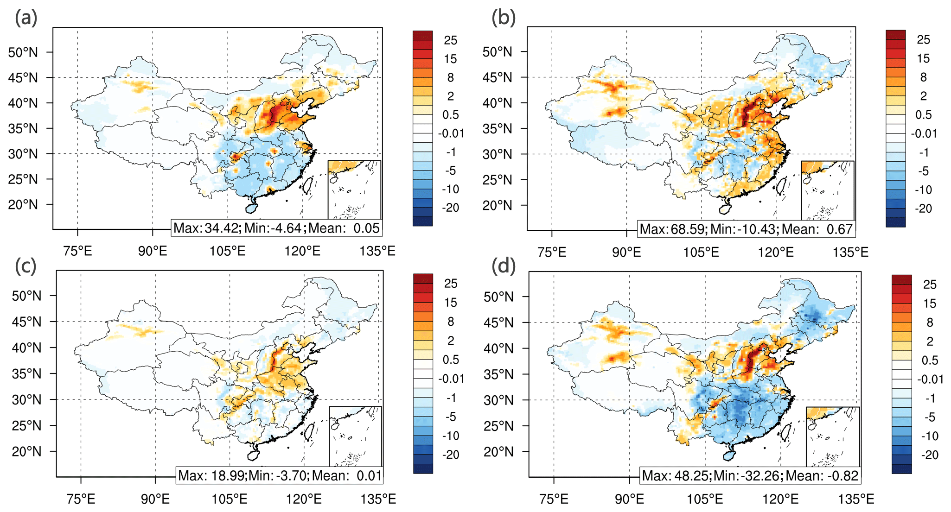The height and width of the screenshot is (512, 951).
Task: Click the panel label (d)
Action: (504, 266)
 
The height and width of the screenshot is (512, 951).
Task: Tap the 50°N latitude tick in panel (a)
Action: (23, 52)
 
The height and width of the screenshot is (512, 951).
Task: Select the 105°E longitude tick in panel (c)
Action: (230, 499)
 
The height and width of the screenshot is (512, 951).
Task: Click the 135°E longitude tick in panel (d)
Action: (856, 499)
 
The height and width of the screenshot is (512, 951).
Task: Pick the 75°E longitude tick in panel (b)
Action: (552, 252)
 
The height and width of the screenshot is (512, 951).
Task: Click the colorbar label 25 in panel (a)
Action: (451, 40)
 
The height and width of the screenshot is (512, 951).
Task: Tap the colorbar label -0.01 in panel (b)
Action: (924, 133)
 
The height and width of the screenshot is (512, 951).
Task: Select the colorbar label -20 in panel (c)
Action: (451, 455)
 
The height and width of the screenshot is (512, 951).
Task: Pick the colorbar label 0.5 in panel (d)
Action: (930, 360)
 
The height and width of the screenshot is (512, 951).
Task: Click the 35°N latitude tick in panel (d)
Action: (498, 374)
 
